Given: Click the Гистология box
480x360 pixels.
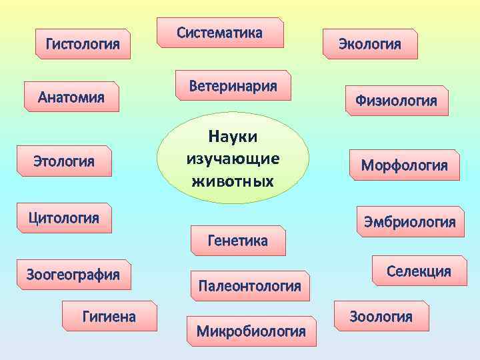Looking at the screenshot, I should pos(83,45).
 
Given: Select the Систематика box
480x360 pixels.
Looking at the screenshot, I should pos(220,33).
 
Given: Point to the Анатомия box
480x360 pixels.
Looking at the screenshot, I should pos(71,97).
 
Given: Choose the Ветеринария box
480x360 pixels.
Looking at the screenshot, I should pos(233,85).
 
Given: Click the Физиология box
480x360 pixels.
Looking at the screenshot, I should pos(396,101).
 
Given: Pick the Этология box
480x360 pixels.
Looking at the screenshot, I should pos(64,161).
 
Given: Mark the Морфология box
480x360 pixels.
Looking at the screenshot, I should pos(405,165).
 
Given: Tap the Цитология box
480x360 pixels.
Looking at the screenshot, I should pos(63,217).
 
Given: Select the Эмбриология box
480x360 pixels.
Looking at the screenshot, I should pos(409,222).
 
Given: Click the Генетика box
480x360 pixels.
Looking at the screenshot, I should pos(238,241).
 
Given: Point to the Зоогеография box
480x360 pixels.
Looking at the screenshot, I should pos(73,274).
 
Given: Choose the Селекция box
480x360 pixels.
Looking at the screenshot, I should pos(419,271).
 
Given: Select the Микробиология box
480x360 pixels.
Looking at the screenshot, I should pos(251,331).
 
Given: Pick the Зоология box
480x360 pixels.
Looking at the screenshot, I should pos(381,317).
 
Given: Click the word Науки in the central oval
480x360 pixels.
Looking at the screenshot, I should pos(233,136).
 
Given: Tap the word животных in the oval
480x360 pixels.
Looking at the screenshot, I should pos(233,180).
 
